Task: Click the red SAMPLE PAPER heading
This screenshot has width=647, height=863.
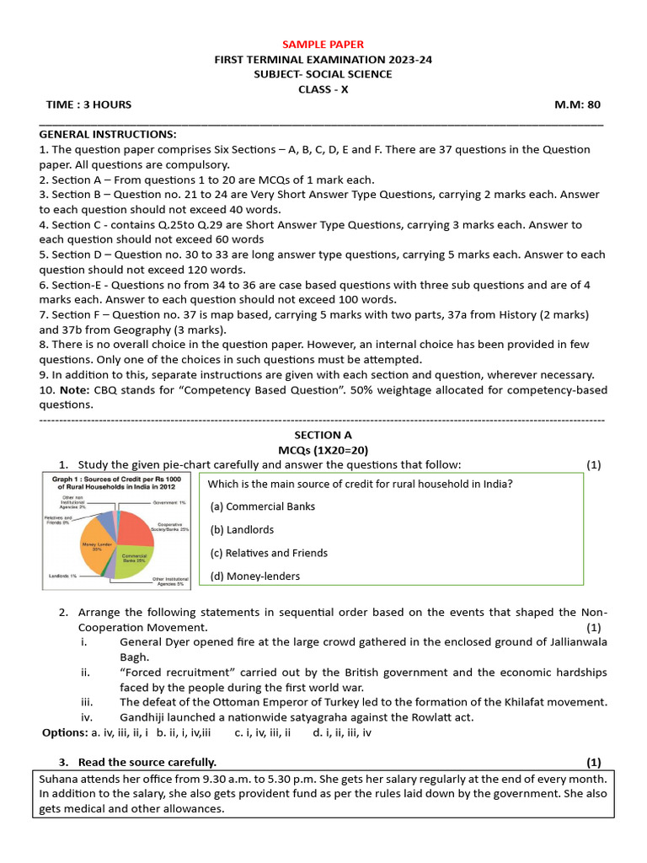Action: click(x=323, y=44)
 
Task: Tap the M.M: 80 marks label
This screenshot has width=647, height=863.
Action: click(x=577, y=105)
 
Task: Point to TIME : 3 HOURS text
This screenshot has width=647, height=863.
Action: click(x=88, y=105)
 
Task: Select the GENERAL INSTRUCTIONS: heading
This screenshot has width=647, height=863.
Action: click(x=108, y=134)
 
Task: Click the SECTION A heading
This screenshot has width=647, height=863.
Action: click(x=323, y=435)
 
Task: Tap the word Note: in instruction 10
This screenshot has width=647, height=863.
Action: click(x=73, y=389)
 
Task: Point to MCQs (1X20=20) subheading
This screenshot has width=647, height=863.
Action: click(x=323, y=450)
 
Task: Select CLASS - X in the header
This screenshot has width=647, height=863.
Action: click(x=323, y=89)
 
